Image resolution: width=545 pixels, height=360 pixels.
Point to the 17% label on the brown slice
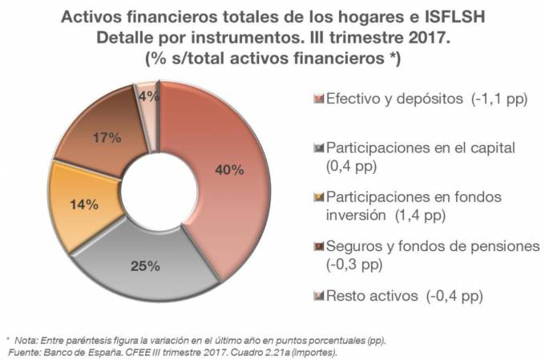click(106, 137)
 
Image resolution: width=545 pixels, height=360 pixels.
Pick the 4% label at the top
click(147, 95)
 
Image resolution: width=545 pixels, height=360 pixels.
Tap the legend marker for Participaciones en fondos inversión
click(319, 198)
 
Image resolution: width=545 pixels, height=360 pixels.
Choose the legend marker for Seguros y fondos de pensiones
click(319, 247)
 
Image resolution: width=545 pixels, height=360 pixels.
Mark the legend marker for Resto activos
click(319, 296)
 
